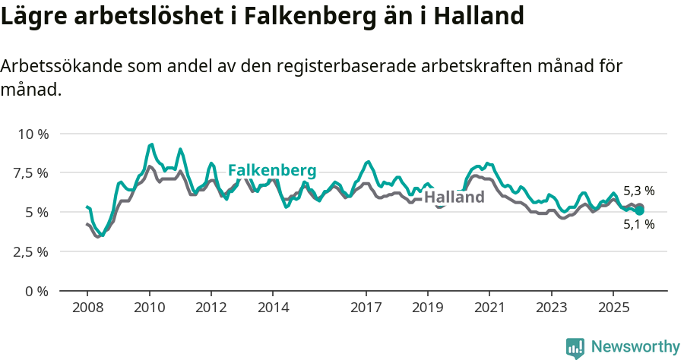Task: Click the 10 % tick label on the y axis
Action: (x=33, y=134)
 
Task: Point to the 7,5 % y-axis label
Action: (x=32, y=173)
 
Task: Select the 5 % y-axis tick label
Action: (x=37, y=212)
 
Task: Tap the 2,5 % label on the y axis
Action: (x=32, y=251)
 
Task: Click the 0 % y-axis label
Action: (x=37, y=291)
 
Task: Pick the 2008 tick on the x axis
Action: (x=87, y=308)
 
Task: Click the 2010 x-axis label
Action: (x=149, y=308)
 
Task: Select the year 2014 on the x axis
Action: (x=273, y=308)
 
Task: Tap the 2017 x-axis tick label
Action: (x=366, y=308)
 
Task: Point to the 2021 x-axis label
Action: (x=489, y=308)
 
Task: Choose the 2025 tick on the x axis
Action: (x=613, y=308)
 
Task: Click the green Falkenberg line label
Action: (x=272, y=170)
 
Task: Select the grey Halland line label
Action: (x=454, y=197)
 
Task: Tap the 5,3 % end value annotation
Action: (x=638, y=191)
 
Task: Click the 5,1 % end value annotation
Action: (x=638, y=225)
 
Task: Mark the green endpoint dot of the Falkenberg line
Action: (x=640, y=210)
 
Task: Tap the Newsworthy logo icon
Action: (x=575, y=347)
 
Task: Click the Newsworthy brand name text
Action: (x=635, y=347)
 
